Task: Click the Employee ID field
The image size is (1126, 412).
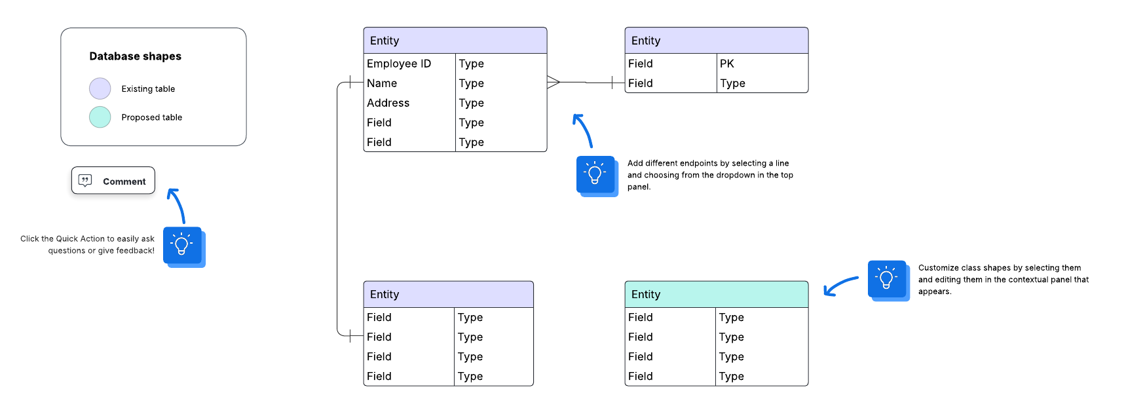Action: coord(399,64)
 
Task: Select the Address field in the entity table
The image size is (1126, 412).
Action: coord(388,103)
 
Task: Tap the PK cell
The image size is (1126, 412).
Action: coord(727,64)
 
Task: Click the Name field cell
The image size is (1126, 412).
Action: coord(382,83)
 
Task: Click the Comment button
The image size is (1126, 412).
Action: coord(113,181)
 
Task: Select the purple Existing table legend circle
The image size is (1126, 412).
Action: coord(100,88)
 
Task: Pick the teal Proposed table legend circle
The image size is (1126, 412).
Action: coord(100,117)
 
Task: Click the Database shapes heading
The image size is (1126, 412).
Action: coord(135,56)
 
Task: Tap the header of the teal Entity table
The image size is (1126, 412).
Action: coord(716,295)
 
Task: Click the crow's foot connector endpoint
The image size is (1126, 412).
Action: coord(554,83)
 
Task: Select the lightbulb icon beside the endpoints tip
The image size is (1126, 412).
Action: coord(595,175)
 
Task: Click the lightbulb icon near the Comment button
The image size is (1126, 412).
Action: coord(182,246)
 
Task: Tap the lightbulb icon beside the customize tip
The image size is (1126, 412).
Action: coord(887,280)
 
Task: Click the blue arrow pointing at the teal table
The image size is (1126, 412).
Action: coord(840,286)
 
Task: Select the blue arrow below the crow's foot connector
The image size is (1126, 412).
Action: coord(582,130)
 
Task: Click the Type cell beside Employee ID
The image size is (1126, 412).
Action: coord(472,64)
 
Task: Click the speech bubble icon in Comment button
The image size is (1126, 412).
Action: coord(85,181)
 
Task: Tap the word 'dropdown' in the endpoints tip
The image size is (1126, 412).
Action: coord(737,175)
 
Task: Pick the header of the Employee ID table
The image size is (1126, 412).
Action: coord(455,41)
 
